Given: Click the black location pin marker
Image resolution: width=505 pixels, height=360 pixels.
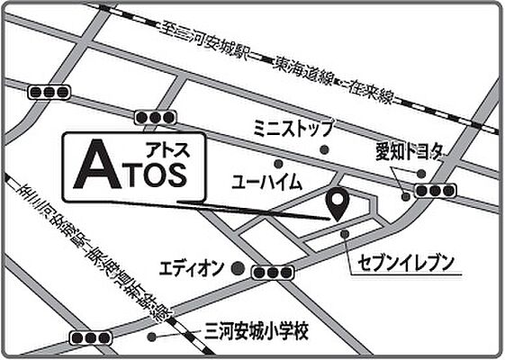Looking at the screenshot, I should [338, 204].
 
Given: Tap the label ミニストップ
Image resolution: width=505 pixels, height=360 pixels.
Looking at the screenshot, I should [293, 127].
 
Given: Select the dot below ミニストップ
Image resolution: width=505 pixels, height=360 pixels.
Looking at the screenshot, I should [325, 149].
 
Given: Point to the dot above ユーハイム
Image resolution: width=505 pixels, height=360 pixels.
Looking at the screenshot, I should [278, 165].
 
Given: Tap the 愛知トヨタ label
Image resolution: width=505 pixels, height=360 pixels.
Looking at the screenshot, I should [406, 152].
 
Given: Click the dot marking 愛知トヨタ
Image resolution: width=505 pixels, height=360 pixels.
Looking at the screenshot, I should [406, 194].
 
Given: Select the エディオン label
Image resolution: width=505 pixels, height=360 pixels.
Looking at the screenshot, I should [191, 268].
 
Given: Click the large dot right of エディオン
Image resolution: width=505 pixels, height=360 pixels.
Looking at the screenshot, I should [236, 267].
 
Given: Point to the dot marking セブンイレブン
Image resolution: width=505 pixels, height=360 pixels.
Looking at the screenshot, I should [346, 234].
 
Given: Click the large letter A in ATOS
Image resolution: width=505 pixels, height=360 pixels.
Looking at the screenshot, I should [92, 169].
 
